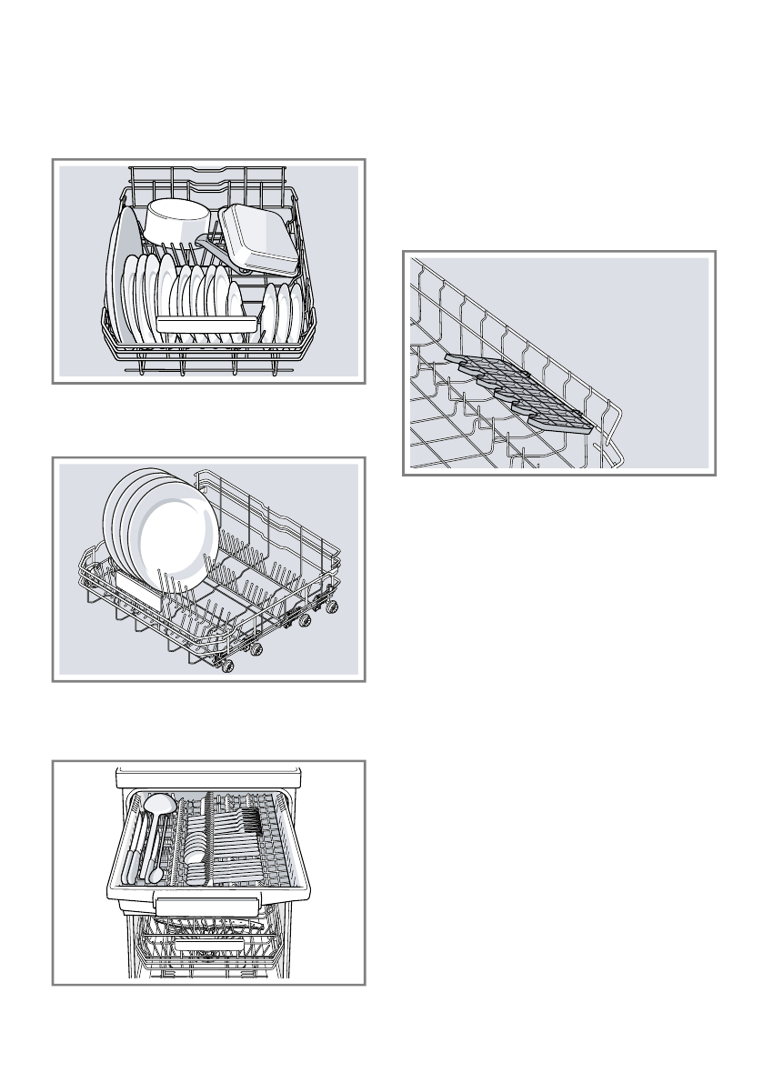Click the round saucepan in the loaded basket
(x=177, y=222)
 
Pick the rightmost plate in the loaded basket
(x=295, y=312)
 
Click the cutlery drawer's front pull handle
(x=206, y=904)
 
